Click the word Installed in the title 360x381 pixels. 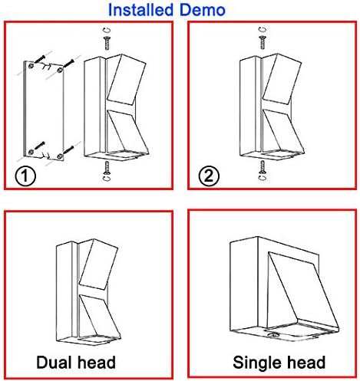tap(140, 10)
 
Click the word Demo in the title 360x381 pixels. tap(202, 10)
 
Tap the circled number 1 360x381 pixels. tap(25, 176)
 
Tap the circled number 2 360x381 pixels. tap(209, 176)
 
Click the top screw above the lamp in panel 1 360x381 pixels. tap(107, 43)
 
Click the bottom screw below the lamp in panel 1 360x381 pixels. tap(107, 167)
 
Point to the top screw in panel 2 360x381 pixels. tap(263, 42)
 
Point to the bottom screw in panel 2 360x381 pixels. tap(263, 167)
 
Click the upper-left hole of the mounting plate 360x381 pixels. tap(31, 65)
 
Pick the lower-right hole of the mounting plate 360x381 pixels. tap(60, 156)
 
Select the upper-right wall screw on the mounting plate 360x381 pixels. tap(68, 63)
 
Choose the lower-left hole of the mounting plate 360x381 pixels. tap(31, 152)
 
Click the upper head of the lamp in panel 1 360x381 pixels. tap(126, 80)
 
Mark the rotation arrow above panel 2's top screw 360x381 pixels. tap(263, 29)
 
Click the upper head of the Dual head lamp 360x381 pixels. tap(98, 264)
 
